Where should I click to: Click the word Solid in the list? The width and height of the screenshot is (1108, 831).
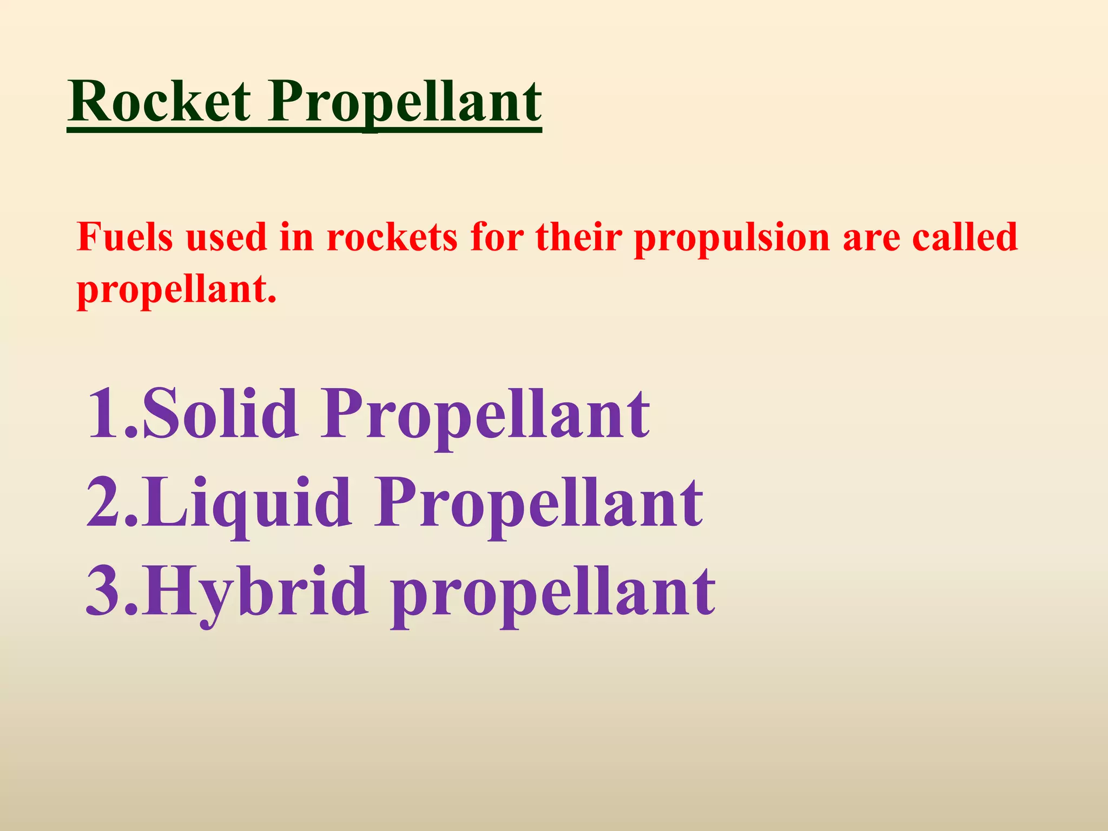[x=219, y=413]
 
